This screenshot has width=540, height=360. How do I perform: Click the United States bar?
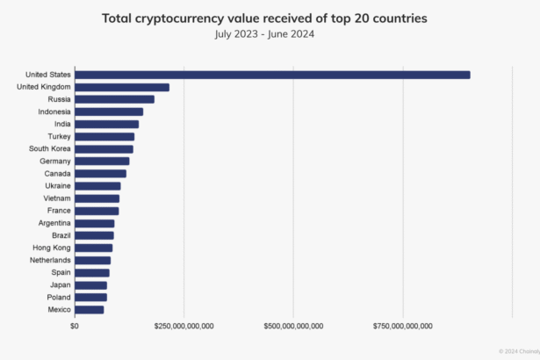click(272, 75)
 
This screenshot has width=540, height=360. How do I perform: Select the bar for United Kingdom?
click(122, 87)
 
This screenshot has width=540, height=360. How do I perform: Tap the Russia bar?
click(114, 99)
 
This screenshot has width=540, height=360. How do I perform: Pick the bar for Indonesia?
click(109, 112)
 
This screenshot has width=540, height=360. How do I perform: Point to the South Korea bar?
click(104, 149)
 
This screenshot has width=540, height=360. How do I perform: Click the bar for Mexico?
click(89, 310)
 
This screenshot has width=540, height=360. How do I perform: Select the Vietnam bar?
click(97, 198)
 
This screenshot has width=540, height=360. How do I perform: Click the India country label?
click(62, 124)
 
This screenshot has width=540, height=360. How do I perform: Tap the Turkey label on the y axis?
click(60, 136)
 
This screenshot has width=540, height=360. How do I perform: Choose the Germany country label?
click(55, 162)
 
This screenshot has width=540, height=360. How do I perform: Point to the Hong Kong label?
click(53, 248)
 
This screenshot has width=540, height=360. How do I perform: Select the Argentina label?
click(54, 223)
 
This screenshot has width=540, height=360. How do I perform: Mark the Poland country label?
click(59, 297)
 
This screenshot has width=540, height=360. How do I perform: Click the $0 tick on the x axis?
click(75, 326)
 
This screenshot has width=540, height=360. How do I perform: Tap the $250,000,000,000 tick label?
click(184, 326)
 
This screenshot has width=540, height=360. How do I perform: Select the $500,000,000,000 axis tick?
click(293, 326)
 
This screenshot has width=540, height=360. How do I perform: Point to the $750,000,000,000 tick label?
click(403, 326)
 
